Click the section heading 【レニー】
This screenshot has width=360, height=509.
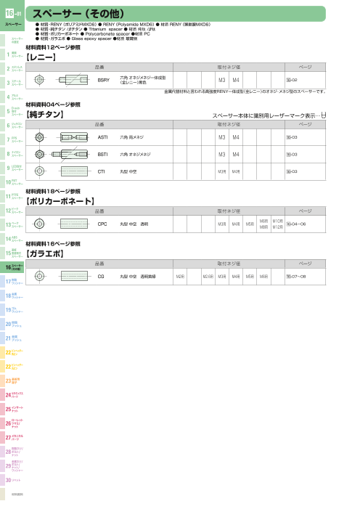[x=41, y=55]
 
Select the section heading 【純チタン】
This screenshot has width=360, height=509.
[x=46, y=115]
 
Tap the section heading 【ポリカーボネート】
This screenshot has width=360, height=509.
[x=60, y=200]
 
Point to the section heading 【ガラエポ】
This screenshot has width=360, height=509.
[x=46, y=254]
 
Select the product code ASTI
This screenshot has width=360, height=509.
[x=102, y=137]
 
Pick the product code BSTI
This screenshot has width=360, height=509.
[x=102, y=154]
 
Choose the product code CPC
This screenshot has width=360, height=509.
[x=102, y=224]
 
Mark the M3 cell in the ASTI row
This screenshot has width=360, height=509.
[x=222, y=137]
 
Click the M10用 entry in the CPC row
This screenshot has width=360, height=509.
[x=277, y=220]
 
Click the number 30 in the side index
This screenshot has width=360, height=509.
[x=8, y=481]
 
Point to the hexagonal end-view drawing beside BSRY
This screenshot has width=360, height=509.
[x=41, y=78]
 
